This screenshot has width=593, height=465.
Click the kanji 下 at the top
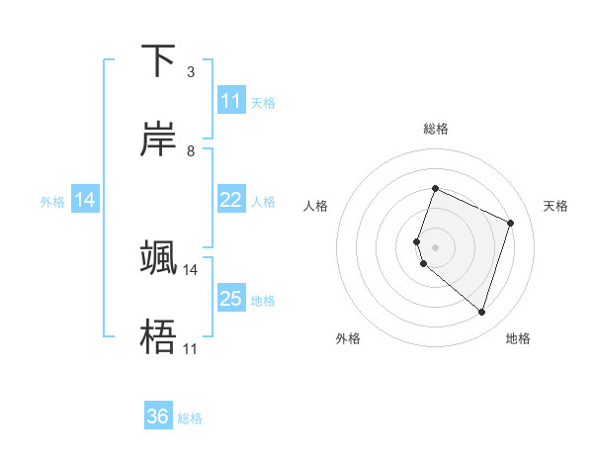pyautogui.click(x=158, y=60)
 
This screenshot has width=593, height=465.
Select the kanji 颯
pyautogui.click(x=158, y=257)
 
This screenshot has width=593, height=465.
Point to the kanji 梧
pyautogui.click(x=158, y=337)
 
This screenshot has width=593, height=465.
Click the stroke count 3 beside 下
pyautogui.click(x=190, y=71)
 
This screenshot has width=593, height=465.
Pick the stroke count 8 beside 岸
pyautogui.click(x=190, y=150)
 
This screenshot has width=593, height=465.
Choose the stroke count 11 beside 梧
pyautogui.click(x=190, y=348)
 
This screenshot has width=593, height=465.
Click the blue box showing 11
pyautogui.click(x=230, y=101)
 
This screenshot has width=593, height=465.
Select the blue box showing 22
pyautogui.click(x=230, y=200)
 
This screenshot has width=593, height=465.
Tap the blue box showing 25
pyautogui.click(x=230, y=299)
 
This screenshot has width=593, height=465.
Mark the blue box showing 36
pyautogui.click(x=158, y=417)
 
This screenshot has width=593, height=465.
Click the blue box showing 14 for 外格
pyautogui.click(x=85, y=200)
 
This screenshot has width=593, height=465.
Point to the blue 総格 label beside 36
pyautogui.click(x=191, y=418)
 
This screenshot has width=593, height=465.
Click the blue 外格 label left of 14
pyautogui.click(x=52, y=202)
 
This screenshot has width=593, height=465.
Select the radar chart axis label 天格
pyautogui.click(x=555, y=206)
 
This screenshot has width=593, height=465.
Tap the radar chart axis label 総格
pyautogui.click(x=436, y=129)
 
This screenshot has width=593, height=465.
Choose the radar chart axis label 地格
pyautogui.click(x=518, y=338)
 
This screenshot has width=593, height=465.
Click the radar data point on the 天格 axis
pyautogui.click(x=510, y=223)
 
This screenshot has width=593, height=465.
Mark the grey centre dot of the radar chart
pyautogui.click(x=435, y=246)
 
